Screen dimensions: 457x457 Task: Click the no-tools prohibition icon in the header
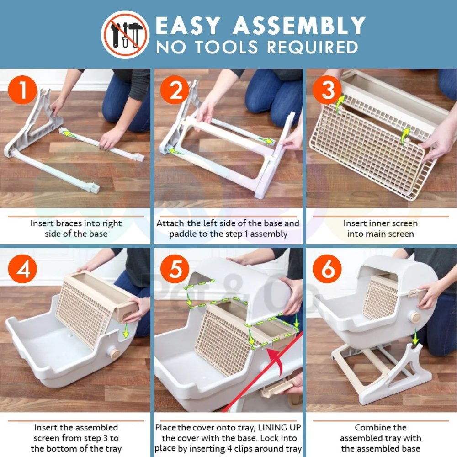(125, 34)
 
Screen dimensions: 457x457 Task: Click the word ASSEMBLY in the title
(299, 26)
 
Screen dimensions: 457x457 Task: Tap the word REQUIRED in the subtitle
(313, 47)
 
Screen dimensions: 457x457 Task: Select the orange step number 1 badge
(22, 90)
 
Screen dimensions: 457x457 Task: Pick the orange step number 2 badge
(175, 90)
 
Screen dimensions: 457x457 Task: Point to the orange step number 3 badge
(327, 90)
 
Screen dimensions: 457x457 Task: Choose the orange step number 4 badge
(22, 269)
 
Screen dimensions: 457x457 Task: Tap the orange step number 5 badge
(175, 269)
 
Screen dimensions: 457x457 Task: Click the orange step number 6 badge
(327, 269)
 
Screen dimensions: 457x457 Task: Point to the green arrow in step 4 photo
(126, 330)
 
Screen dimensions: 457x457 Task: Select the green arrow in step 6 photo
(415, 339)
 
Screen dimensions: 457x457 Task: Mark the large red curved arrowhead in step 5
(274, 357)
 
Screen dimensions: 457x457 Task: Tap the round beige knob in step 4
(114, 353)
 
